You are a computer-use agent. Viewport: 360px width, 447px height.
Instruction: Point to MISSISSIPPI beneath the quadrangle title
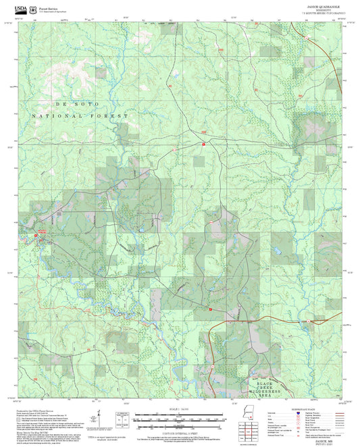[328, 9]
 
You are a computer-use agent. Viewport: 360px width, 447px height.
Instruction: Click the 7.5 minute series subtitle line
[328, 14]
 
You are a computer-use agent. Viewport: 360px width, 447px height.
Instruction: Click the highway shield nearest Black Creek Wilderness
[211, 309]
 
